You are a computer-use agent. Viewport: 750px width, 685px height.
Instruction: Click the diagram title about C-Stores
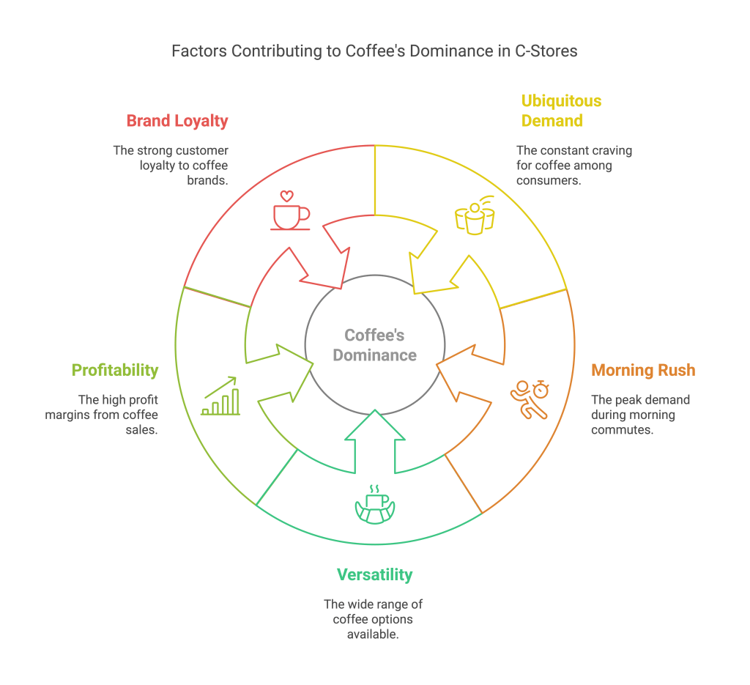coord(374,51)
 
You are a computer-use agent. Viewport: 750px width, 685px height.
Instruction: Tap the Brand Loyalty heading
coord(177,121)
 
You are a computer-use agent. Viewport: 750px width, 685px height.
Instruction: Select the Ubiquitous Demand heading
coord(552,111)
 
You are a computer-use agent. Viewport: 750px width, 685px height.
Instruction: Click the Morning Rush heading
coord(643,370)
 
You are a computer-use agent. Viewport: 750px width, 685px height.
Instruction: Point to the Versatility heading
coord(374,574)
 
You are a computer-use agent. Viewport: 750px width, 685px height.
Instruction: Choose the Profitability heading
coord(114,370)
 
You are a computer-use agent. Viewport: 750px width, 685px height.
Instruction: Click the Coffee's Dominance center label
coord(374,345)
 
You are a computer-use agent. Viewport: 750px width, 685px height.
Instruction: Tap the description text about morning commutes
coord(639,415)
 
